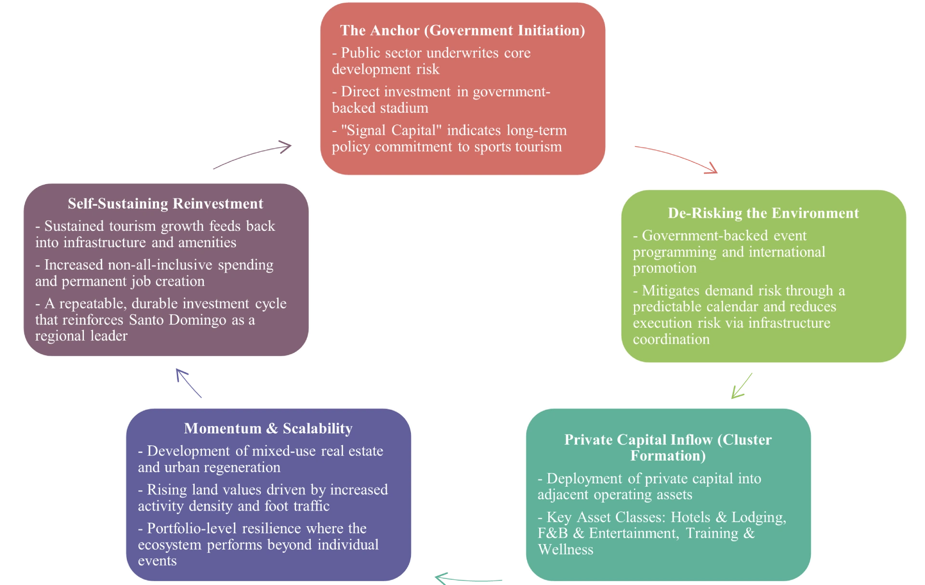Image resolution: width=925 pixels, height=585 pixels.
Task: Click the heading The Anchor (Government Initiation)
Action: point(462,30)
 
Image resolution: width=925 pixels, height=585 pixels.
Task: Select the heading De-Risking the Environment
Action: point(763,213)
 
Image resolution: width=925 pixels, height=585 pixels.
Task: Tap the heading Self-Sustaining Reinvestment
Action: point(165,203)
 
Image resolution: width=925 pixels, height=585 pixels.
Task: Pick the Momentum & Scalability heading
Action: point(268,428)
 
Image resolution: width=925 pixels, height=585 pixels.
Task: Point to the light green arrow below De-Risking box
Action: point(742,386)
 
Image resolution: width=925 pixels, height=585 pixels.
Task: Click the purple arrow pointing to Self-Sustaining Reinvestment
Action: point(188,383)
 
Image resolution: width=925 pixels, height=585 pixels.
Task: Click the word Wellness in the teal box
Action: point(566,550)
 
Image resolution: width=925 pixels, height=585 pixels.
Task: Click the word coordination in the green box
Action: point(671,339)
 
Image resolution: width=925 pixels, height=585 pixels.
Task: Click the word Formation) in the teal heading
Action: point(668,456)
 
